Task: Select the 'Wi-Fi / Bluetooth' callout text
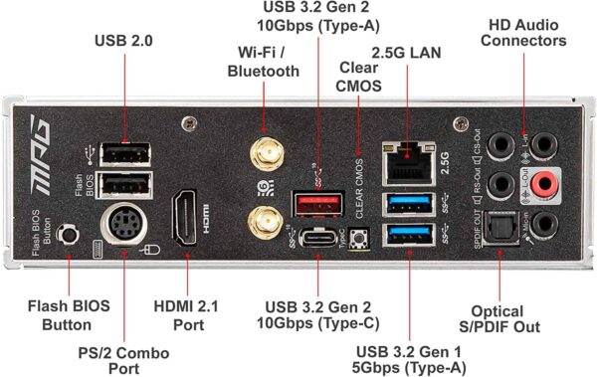click(x=263, y=62)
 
